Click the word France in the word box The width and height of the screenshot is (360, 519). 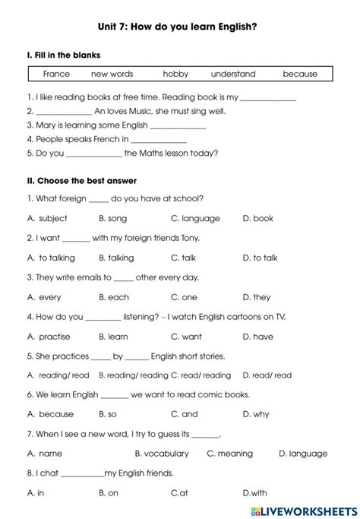point(56,74)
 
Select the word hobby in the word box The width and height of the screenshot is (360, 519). point(175,74)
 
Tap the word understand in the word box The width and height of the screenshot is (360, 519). point(233,74)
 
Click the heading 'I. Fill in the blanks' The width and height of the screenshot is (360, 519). point(63,55)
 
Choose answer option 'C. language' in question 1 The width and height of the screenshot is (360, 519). point(195,218)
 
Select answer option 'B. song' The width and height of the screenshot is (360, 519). point(112,218)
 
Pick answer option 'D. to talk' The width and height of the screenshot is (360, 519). point(260,258)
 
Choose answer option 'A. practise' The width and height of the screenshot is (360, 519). point(49,337)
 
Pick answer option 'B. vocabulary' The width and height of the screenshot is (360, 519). point(162,454)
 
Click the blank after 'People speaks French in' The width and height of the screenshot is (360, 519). point(159,141)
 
